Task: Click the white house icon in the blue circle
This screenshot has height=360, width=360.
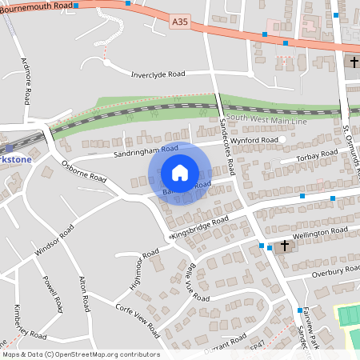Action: pyautogui.click(x=180, y=173)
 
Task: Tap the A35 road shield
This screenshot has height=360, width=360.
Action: pyautogui.click(x=180, y=26)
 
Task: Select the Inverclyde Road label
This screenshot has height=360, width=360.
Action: pyautogui.click(x=158, y=74)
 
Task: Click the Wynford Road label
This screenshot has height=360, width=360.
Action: pyautogui.click(x=257, y=141)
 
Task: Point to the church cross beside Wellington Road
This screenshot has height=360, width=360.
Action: pyautogui.click(x=284, y=246)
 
